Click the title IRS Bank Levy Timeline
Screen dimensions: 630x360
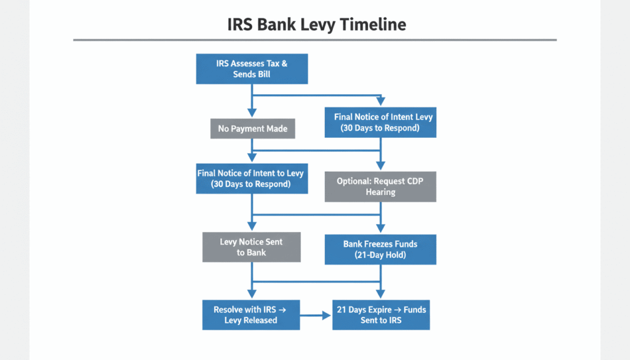coord(317,25)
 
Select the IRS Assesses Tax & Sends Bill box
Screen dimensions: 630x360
coord(252,69)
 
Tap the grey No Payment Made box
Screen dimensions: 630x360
coord(253,129)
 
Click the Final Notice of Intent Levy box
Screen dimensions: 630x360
coord(380,122)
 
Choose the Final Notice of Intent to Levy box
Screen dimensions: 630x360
coord(252,178)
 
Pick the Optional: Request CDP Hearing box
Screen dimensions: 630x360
coord(380,187)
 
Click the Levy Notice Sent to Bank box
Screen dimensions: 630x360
coord(252,247)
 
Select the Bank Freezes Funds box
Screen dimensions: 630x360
coord(380,249)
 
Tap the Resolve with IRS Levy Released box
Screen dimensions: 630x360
coord(251,315)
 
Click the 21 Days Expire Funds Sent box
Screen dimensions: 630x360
coord(381,315)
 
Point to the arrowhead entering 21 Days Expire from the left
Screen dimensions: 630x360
coord(327,316)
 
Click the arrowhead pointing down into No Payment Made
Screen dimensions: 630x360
coord(252,113)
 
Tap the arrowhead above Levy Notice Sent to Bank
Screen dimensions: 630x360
coord(252,226)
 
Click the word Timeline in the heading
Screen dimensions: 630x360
coord(373,25)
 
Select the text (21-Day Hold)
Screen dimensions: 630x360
coord(380,255)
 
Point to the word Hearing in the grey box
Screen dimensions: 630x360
coord(380,192)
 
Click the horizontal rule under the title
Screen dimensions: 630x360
coord(315,40)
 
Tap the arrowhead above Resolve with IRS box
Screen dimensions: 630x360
coord(252,294)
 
